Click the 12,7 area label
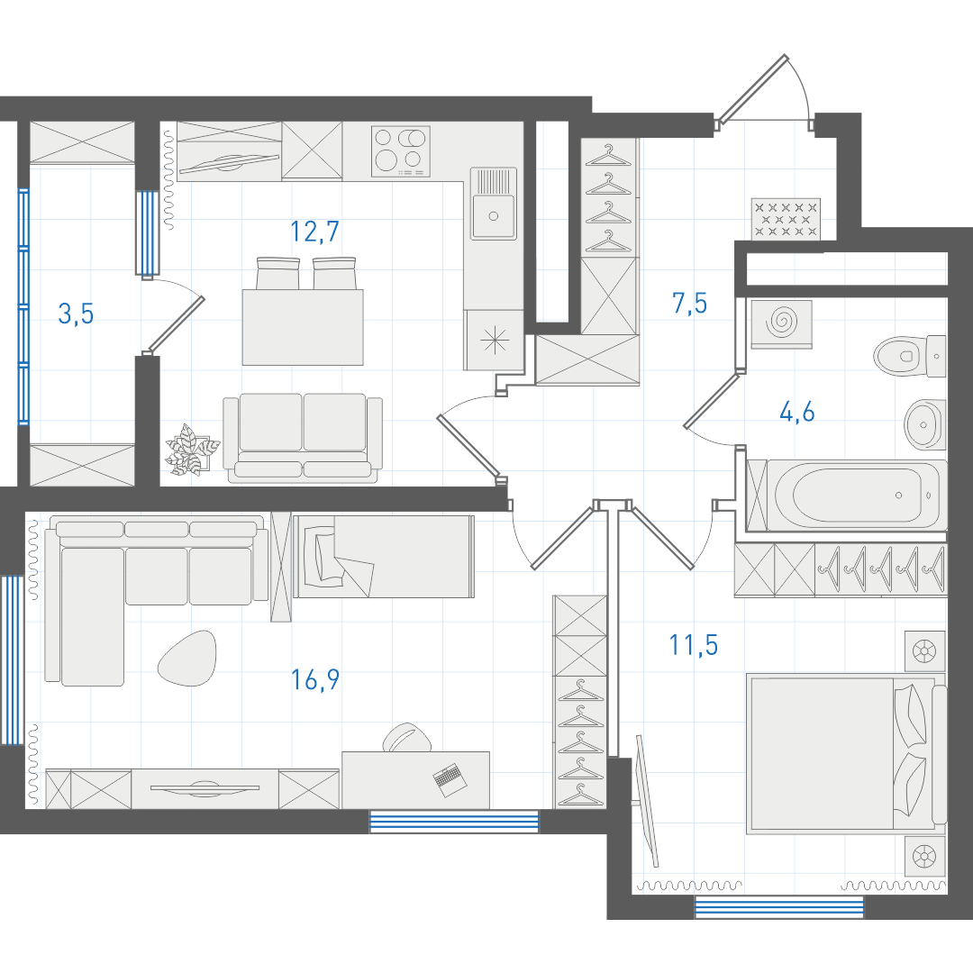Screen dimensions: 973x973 pyautogui.click(x=314, y=232)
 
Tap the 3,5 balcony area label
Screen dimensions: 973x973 pyautogui.click(x=76, y=314)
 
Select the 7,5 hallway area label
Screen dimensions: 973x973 pyautogui.click(x=689, y=304)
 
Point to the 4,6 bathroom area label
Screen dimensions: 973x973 pyautogui.click(x=796, y=412)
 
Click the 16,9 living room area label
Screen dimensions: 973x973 pyautogui.click(x=315, y=680)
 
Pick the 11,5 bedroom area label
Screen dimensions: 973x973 pyautogui.click(x=693, y=645)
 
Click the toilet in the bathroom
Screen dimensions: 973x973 pyautogui.click(x=910, y=356)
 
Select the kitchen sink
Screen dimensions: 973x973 pyautogui.click(x=494, y=204)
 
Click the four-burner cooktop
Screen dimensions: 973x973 pyautogui.click(x=401, y=152)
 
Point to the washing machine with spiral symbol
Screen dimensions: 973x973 pyautogui.click(x=781, y=323)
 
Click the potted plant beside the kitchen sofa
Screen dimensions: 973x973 pyautogui.click(x=192, y=450)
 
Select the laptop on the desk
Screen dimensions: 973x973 pyautogui.click(x=450, y=779)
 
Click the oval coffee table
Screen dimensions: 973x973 pyautogui.click(x=187, y=658)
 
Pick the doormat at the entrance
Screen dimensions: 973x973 pyautogui.click(x=786, y=219)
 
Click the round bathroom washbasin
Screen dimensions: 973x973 pyautogui.click(x=925, y=424)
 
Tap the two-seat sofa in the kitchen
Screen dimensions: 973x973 pyautogui.click(x=303, y=438)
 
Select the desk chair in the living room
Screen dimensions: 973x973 pyautogui.click(x=407, y=737)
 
